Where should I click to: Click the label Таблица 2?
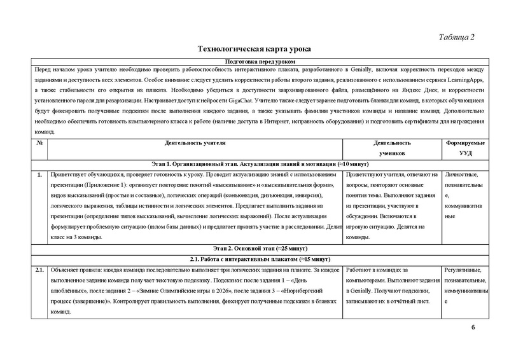point(457,36)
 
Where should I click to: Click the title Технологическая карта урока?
point(254,49)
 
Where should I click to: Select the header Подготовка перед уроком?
point(254,60)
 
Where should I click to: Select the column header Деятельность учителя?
point(195,144)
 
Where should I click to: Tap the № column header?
point(39,144)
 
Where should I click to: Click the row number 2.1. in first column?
point(39,270)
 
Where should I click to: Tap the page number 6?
point(473,327)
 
